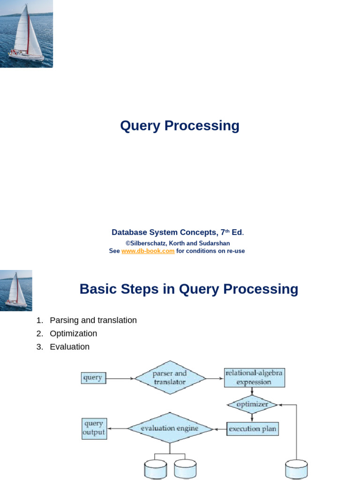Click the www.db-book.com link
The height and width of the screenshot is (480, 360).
tap(148, 251)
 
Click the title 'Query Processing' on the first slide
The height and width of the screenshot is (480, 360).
tap(180, 126)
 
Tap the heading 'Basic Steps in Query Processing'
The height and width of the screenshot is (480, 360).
tap(188, 289)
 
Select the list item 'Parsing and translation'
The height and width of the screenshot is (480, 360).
tap(93, 320)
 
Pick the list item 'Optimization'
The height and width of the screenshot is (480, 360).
tap(73, 333)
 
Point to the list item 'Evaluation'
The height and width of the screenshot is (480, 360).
tap(69, 347)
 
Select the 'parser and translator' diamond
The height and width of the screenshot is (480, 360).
tap(170, 377)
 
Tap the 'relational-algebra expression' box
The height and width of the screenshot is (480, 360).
tap(254, 377)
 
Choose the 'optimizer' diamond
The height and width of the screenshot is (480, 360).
tap(252, 404)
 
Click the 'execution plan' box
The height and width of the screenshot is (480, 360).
tap(253, 428)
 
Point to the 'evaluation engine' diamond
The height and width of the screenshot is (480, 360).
tap(170, 428)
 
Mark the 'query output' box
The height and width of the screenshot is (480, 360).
tap(94, 428)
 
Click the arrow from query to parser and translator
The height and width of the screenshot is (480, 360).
tap(120, 378)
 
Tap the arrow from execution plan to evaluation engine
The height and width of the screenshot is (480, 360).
tap(220, 428)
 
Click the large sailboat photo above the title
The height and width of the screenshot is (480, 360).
tap(26, 34)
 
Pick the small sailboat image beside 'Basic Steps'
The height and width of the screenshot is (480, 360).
tap(16, 290)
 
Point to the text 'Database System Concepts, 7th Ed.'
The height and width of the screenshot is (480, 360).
tap(178, 232)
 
